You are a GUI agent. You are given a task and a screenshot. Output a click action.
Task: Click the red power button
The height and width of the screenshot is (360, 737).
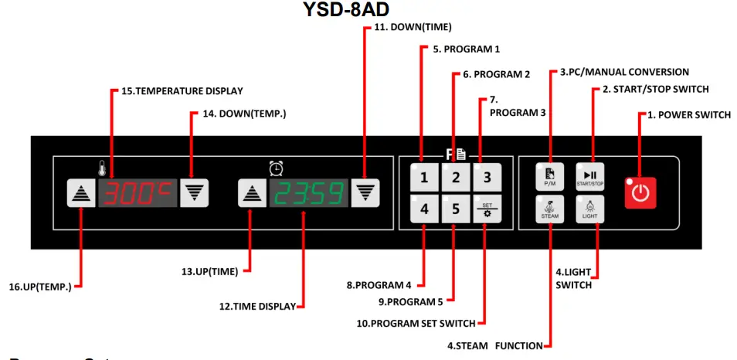[x=640, y=192]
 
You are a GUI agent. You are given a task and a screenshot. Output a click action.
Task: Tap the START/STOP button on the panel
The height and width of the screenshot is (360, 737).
[x=589, y=177]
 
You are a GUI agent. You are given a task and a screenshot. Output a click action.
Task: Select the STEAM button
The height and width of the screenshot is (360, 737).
[x=549, y=209]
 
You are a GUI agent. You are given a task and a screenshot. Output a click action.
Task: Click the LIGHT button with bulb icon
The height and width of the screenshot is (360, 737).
[x=589, y=209]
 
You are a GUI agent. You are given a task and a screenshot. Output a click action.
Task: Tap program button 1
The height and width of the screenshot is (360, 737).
[x=423, y=178]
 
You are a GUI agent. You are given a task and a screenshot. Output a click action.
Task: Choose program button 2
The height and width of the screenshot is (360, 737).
[x=456, y=178]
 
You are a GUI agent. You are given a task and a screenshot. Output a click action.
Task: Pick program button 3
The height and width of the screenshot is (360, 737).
[x=487, y=178]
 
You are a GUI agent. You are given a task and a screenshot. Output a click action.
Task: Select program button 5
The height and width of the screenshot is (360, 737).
[x=456, y=209]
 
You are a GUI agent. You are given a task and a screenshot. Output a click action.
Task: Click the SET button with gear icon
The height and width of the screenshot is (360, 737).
[x=487, y=209]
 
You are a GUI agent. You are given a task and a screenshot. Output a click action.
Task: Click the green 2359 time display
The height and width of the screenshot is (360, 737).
[x=307, y=194]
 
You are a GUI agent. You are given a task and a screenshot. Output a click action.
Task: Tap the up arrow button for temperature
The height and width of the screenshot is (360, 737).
[x=80, y=194]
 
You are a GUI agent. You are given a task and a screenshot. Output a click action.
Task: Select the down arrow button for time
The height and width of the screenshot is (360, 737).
[x=363, y=194]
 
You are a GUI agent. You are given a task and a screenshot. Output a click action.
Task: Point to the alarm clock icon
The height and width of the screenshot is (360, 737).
[x=276, y=167]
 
